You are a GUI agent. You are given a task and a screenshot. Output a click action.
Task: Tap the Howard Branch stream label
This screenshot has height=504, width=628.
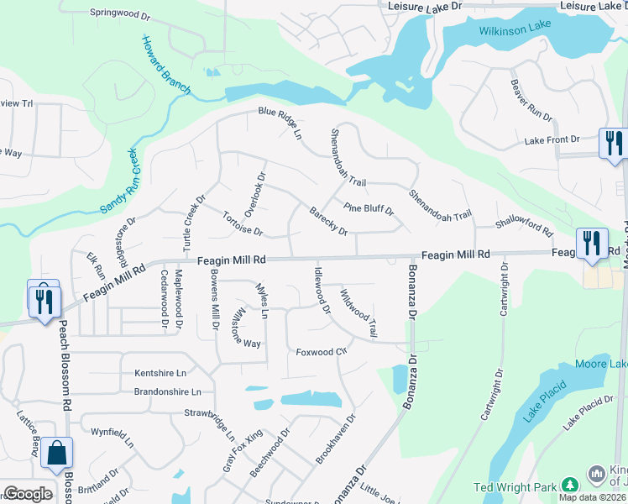[165, 66]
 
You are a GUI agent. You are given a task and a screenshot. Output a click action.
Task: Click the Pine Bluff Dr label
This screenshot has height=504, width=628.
[369, 207]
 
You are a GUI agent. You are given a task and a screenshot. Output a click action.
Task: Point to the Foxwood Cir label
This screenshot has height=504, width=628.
[322, 351]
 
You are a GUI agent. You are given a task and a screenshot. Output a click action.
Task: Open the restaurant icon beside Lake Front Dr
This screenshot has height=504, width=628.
[614, 142]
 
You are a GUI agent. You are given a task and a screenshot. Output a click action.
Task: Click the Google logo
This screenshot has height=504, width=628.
[28, 494]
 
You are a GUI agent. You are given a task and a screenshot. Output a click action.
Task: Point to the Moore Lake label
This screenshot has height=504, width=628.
[601, 364]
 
